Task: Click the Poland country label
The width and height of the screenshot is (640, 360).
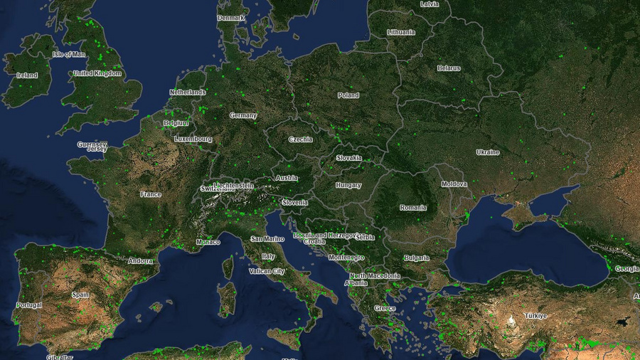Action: [x=348, y=95]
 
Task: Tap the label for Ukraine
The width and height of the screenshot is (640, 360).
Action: [x=488, y=152]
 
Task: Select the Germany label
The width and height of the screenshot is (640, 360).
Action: [x=243, y=115]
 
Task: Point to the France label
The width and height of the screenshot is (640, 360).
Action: [x=151, y=194]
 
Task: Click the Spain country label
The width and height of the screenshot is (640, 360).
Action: [x=80, y=295]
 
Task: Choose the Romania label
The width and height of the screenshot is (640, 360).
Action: [x=413, y=208]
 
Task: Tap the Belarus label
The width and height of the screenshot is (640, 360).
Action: [x=449, y=68]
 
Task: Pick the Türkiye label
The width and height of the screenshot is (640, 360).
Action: [x=535, y=315]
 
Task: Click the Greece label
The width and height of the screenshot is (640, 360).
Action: [x=385, y=308]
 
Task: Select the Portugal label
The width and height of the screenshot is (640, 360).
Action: [x=29, y=305]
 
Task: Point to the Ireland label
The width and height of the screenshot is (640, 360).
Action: [x=27, y=75]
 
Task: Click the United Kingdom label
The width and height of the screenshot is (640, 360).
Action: [x=97, y=73]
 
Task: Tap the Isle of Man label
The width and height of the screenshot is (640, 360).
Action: [x=69, y=54]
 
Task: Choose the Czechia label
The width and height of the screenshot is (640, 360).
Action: [x=300, y=139]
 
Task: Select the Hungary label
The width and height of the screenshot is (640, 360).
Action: [x=348, y=185]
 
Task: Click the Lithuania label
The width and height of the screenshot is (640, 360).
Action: [x=401, y=32]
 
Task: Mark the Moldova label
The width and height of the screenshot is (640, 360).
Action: [x=454, y=184]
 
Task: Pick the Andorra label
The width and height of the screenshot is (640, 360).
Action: [x=140, y=261]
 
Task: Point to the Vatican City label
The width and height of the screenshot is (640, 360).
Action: [x=267, y=271]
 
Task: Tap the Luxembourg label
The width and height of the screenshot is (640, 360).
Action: [x=193, y=139]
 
